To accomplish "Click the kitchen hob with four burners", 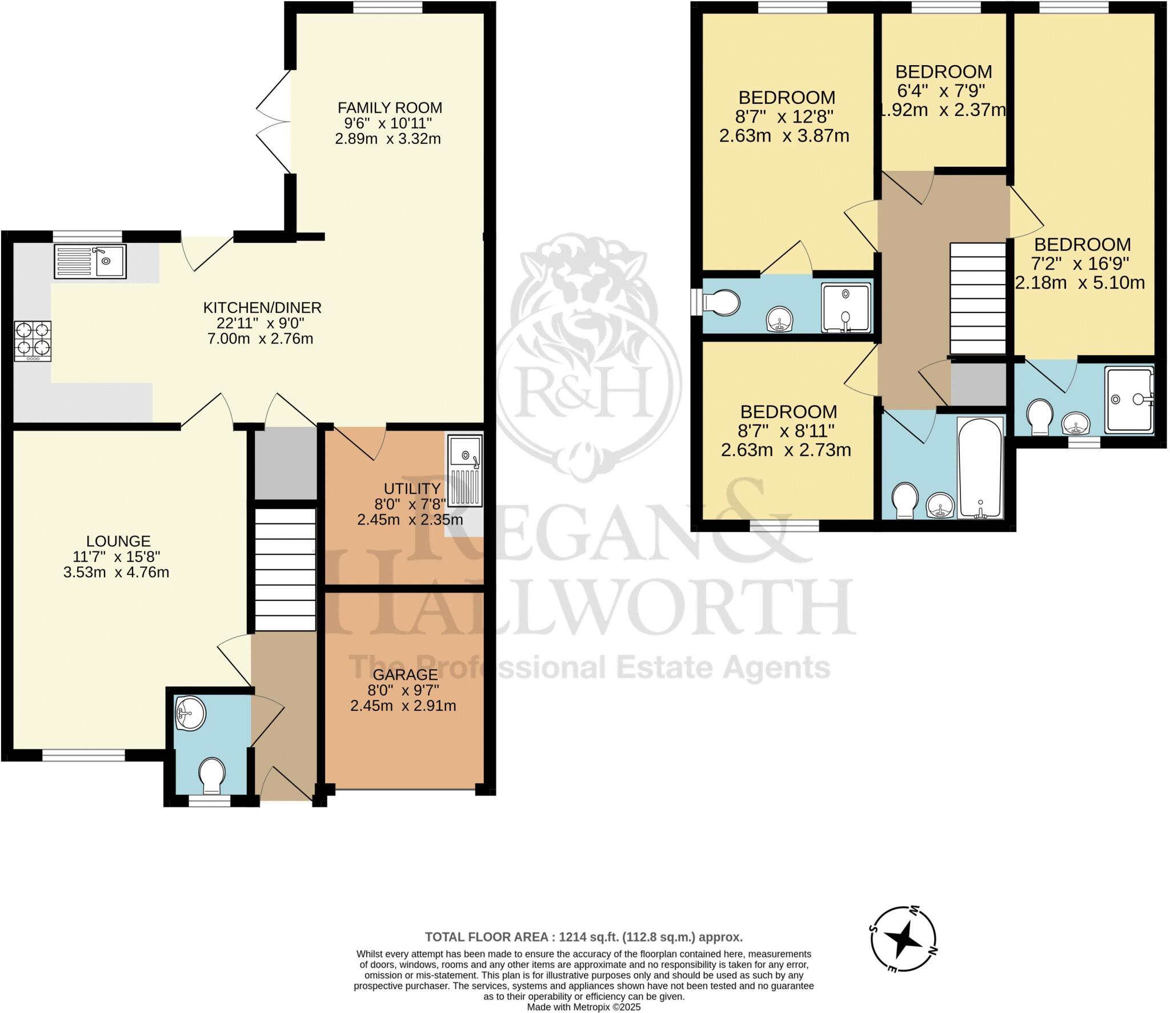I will (x=33, y=341).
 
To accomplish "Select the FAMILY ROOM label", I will (x=390, y=107).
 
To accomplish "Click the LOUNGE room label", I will (x=118, y=540).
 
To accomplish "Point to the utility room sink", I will (x=465, y=471).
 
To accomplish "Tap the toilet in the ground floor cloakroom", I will (x=212, y=775).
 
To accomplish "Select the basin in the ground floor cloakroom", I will (x=190, y=714).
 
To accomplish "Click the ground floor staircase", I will (x=285, y=569).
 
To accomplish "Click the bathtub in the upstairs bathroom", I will (x=980, y=468).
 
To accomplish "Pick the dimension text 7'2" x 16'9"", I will (x=1081, y=263).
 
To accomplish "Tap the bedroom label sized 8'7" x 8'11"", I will (x=788, y=411).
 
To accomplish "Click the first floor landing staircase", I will (x=977, y=298).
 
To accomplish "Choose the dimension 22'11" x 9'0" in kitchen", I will (x=262, y=323).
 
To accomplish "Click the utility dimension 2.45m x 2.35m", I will (x=410, y=519).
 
